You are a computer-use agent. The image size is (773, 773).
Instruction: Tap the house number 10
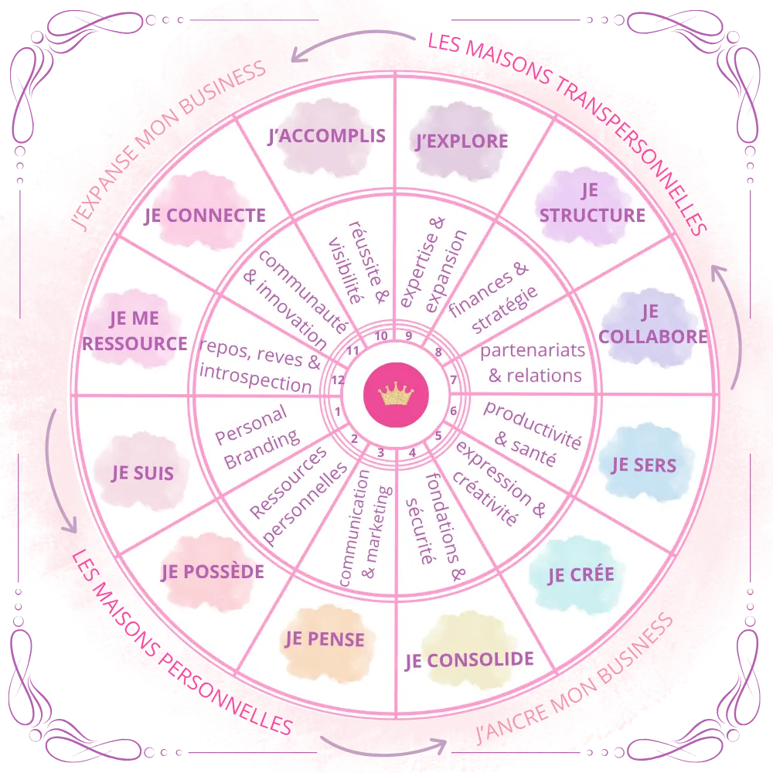click(x=381, y=336)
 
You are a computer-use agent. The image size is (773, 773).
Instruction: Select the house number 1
click(x=338, y=411)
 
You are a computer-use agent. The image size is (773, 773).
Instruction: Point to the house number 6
click(x=454, y=410)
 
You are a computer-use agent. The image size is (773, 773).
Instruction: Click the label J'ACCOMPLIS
click(x=326, y=137)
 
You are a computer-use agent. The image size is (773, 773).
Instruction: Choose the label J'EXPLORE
click(x=461, y=141)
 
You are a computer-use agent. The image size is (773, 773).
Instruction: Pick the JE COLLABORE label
click(x=653, y=324)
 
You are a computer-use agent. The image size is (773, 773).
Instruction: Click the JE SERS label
click(x=644, y=465)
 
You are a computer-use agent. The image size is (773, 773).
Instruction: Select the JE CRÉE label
click(x=581, y=574)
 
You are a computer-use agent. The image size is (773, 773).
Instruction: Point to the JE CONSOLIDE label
click(x=469, y=660)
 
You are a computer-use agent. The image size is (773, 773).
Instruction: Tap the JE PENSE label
click(x=325, y=638)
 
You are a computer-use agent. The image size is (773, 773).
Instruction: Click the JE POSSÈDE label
click(x=213, y=572)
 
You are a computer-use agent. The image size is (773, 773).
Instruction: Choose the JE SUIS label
click(x=142, y=472)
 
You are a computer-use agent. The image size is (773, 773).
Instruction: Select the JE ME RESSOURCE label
click(x=135, y=331)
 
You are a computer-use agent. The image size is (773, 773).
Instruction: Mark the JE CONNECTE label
click(x=205, y=216)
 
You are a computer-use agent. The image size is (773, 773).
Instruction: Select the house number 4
click(x=412, y=452)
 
